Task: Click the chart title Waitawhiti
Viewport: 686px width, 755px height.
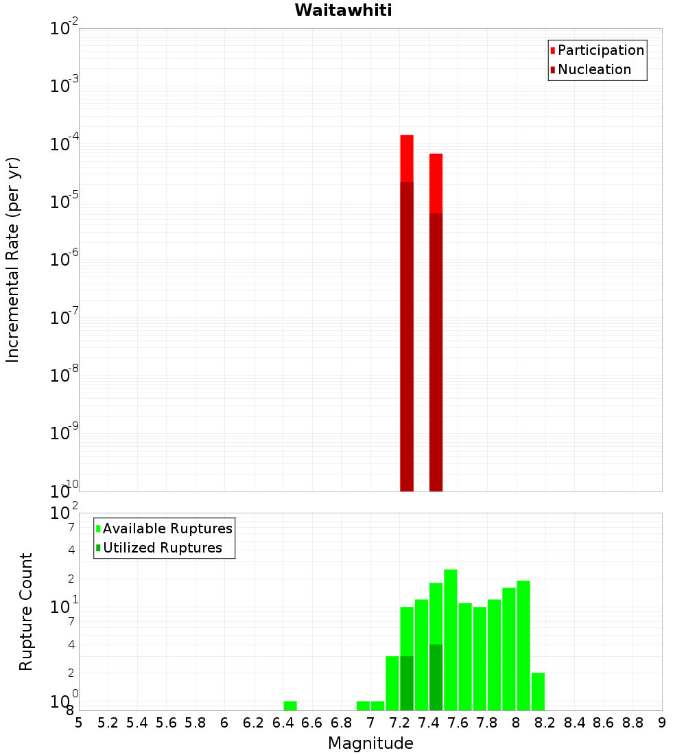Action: point(343,11)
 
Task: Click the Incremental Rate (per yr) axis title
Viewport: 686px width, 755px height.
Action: point(13,259)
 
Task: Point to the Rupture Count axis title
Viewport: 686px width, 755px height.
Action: point(26,612)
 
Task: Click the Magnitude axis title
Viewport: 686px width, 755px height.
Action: point(370,743)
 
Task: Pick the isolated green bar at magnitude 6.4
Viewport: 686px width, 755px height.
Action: point(290,706)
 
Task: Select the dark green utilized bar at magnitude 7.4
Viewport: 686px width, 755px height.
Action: point(436,677)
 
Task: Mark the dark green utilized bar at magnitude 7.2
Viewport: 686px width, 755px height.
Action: point(407,683)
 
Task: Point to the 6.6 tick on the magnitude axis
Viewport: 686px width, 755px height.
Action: point(312,722)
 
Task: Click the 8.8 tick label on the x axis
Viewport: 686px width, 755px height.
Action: point(632,722)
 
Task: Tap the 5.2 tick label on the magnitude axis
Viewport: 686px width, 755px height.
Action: point(108,722)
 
